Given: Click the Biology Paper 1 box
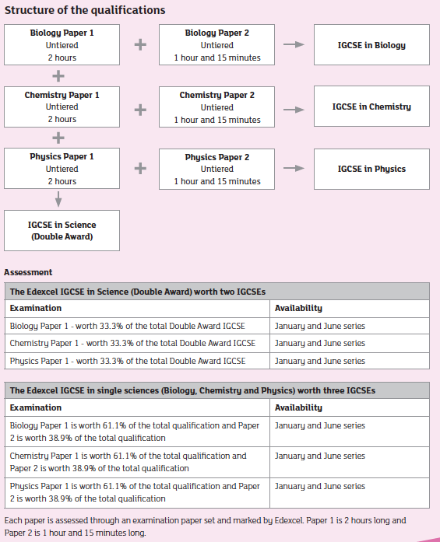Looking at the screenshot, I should [x=62, y=45].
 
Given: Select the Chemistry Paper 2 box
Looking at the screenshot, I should [x=216, y=107].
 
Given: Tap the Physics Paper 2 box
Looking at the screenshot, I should [x=216, y=169].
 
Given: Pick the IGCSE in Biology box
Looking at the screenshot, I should [x=371, y=45].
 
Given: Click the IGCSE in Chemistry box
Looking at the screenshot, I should [x=371, y=107].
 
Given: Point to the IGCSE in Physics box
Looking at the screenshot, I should [x=371, y=169].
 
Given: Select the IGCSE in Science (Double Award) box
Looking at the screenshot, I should [x=62, y=230].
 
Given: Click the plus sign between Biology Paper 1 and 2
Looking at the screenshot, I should [x=140, y=45].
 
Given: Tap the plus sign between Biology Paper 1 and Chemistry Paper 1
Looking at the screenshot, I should [x=58, y=76].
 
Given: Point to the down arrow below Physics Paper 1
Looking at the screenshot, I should [x=58, y=200].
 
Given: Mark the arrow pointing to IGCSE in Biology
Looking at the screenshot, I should [x=294, y=45].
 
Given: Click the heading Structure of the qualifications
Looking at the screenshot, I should [x=85, y=10].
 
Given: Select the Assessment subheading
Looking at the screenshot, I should [x=28, y=272].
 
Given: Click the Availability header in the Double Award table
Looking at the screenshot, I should [x=298, y=308].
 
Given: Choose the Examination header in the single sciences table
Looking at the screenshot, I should [x=36, y=407].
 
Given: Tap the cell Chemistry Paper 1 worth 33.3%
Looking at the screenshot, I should [x=132, y=343].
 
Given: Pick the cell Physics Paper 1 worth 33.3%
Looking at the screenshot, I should [x=128, y=361].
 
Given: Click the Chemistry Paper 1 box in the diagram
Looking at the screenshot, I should [x=62, y=107].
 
